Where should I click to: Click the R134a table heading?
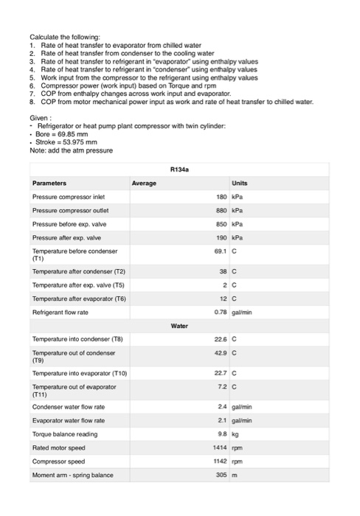pos(180,169)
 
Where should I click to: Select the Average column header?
pos(144,183)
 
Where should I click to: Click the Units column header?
pos(240,183)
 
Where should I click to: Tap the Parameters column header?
pos(49,183)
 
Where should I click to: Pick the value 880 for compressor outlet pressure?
pos(220,209)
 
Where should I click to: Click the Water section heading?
pos(179,324)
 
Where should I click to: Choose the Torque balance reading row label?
pos(66,434)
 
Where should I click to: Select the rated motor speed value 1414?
pos(219,447)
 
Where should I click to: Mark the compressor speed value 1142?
pos(219,461)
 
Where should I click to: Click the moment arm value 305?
pos(221,475)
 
